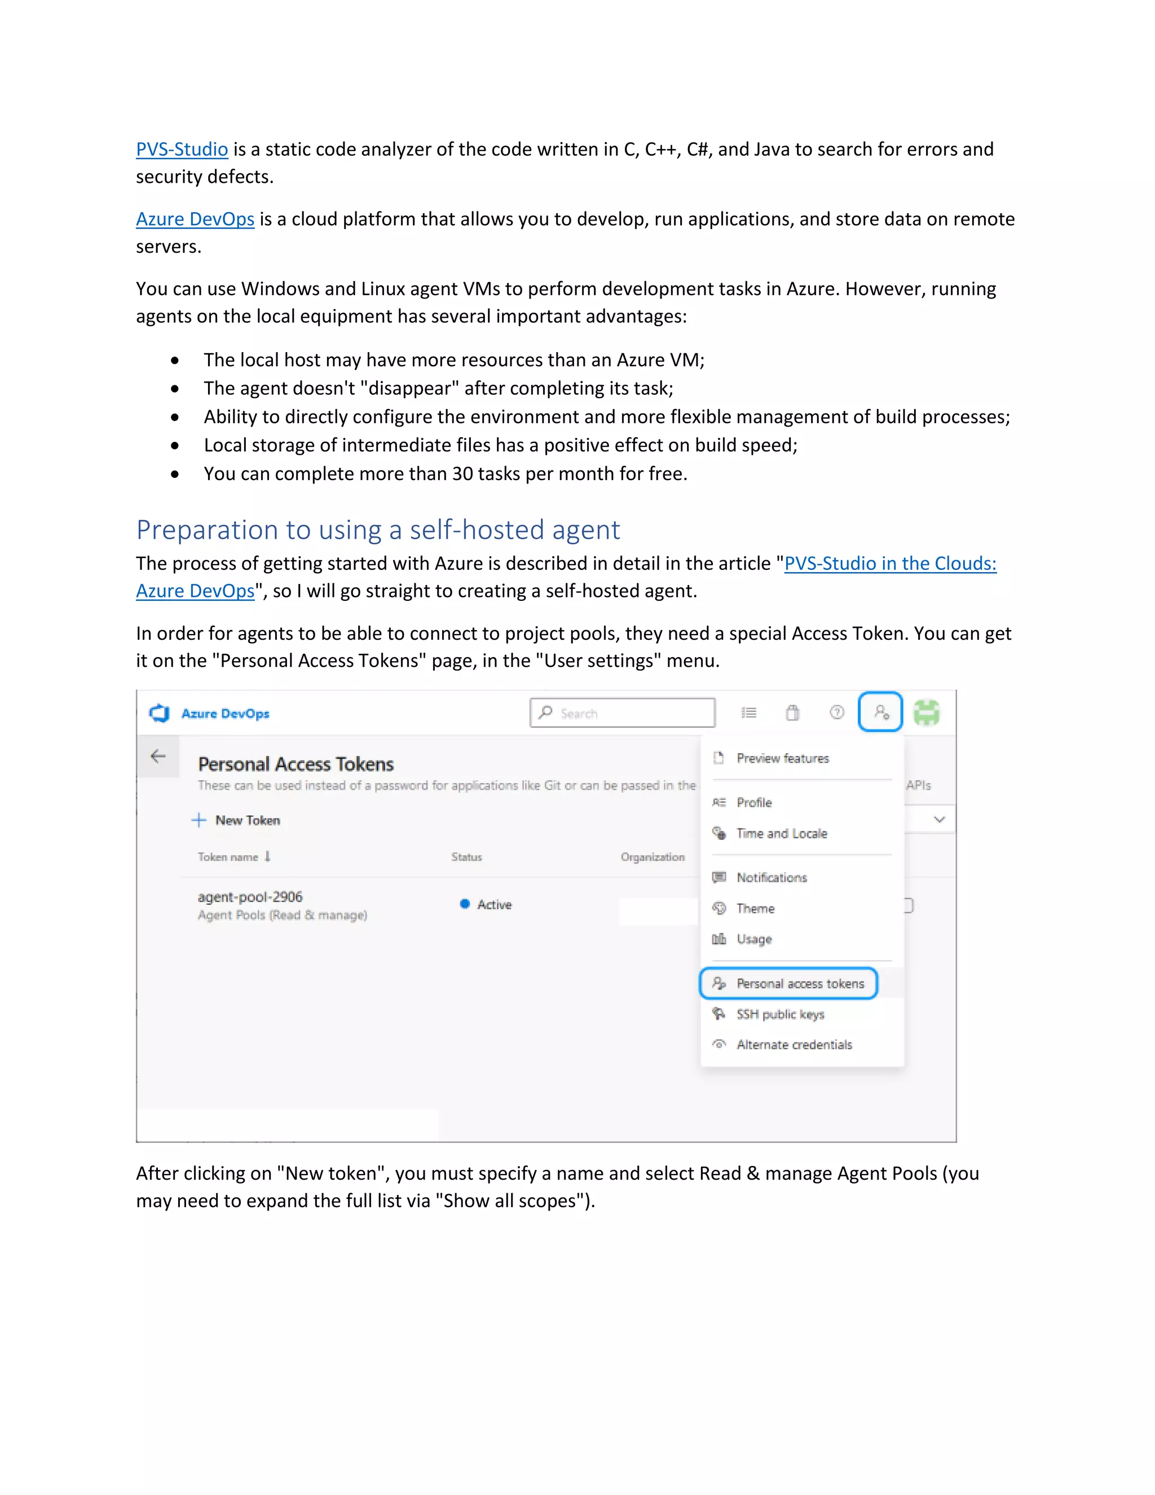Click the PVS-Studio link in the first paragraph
(x=182, y=149)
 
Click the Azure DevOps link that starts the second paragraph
(x=195, y=219)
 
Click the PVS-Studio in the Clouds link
(x=889, y=564)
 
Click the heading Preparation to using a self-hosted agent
(x=378, y=530)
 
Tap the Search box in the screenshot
(x=622, y=713)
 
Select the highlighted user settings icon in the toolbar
(x=880, y=713)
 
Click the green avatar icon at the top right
(x=927, y=713)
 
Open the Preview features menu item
(x=782, y=758)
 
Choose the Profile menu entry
(x=754, y=802)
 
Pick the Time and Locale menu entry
(x=782, y=834)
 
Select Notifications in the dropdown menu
(x=771, y=878)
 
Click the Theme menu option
(x=755, y=908)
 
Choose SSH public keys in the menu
(x=780, y=1014)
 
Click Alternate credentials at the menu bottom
(x=793, y=1045)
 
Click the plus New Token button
(x=237, y=820)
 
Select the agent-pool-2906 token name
(x=250, y=897)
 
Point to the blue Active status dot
(x=465, y=904)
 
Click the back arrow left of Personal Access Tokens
(x=158, y=757)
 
